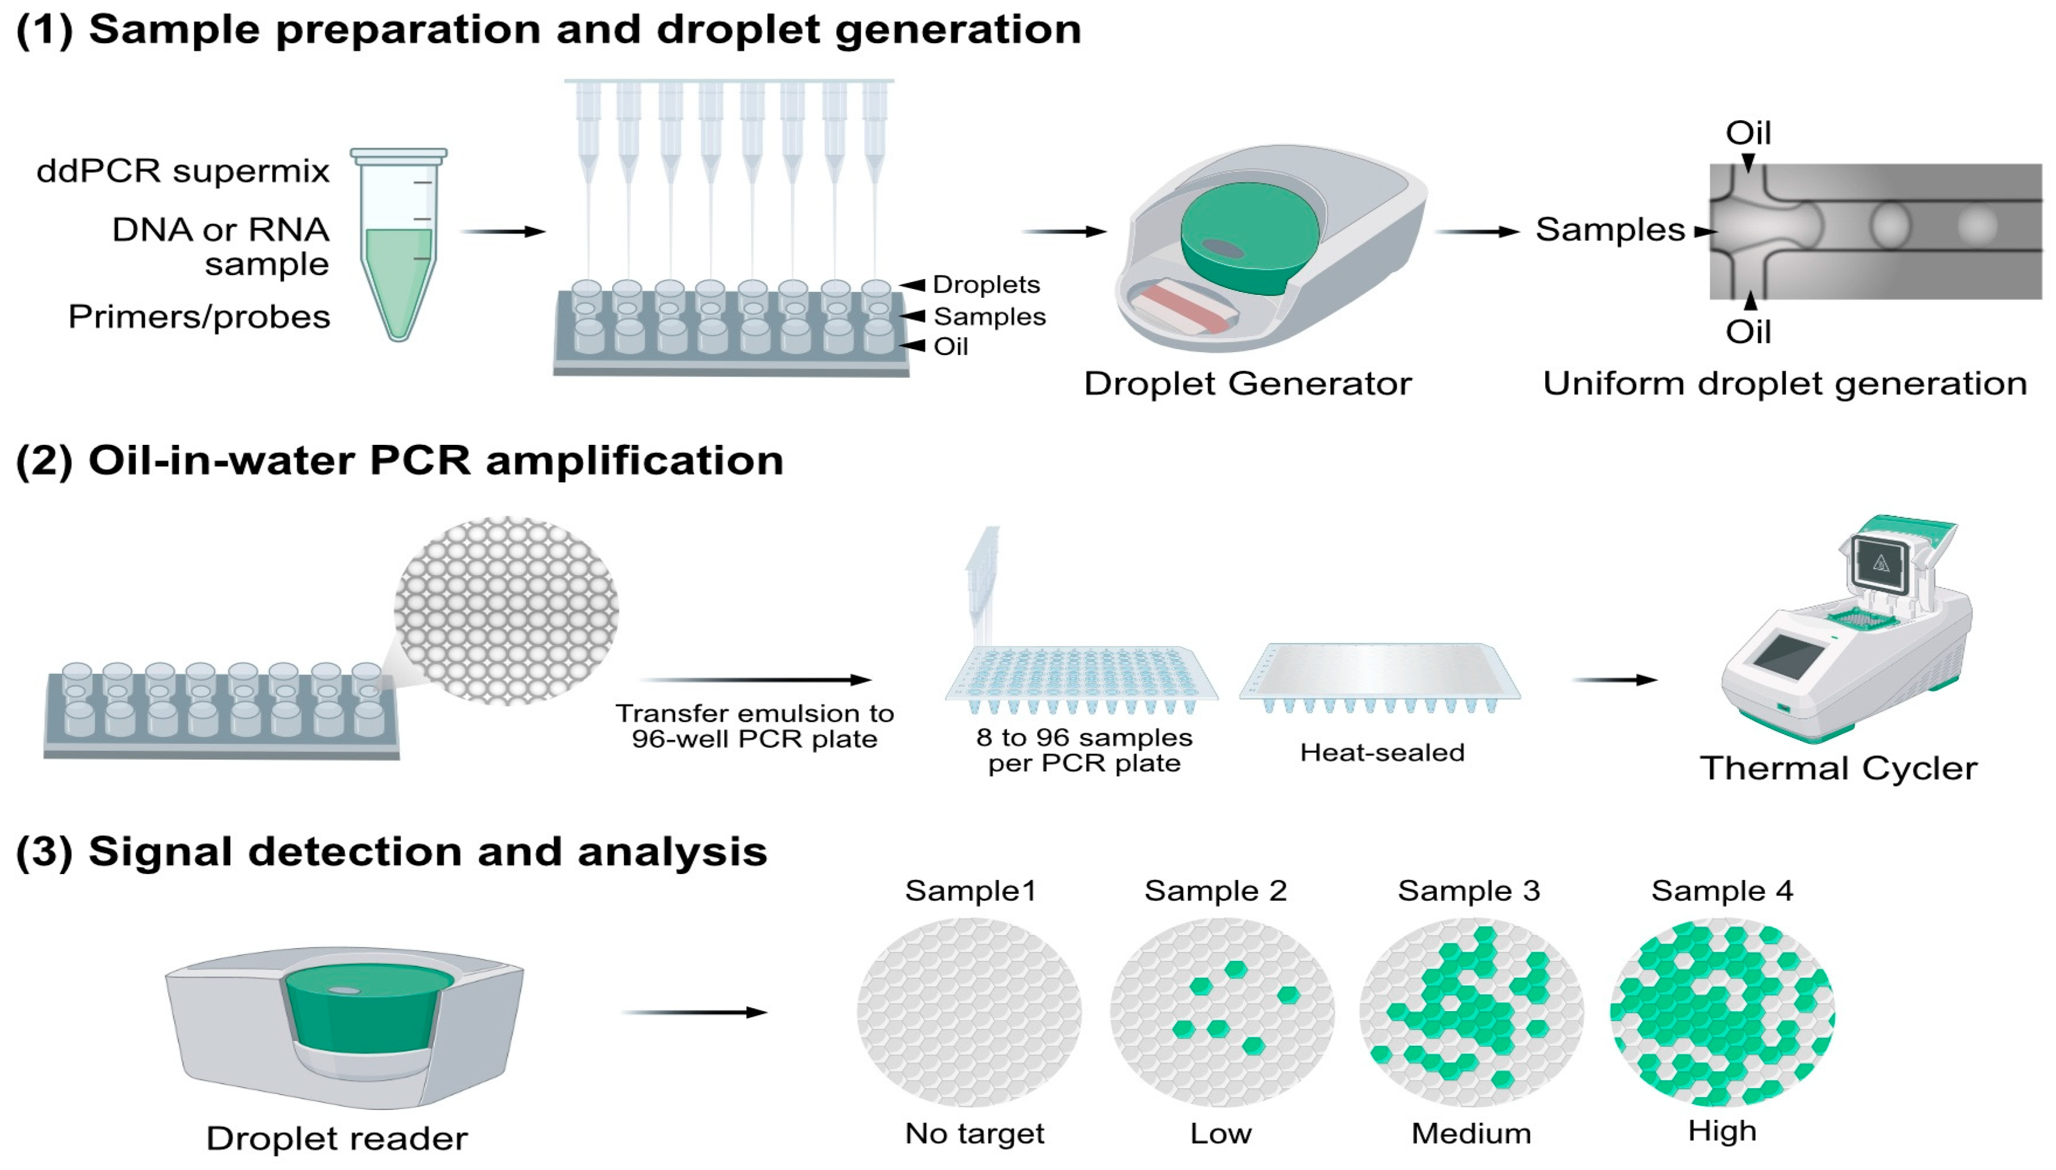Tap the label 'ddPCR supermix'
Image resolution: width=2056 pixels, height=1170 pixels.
(183, 171)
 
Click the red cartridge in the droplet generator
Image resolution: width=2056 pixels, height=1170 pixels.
(1180, 307)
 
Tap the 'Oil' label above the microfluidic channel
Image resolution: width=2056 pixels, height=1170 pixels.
(1748, 133)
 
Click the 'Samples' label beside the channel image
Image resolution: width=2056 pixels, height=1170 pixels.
(1609, 230)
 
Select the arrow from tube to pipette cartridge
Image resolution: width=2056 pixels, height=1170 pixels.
(503, 231)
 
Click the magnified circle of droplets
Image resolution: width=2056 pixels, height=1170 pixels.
(506, 611)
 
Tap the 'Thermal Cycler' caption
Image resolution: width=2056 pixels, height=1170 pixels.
(1838, 768)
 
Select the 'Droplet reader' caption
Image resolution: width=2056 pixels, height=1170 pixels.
(337, 1138)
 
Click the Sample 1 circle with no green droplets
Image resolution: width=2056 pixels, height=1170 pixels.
(969, 1012)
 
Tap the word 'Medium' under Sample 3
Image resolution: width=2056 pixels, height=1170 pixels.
(1471, 1133)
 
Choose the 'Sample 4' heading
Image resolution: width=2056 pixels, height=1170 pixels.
(1722, 890)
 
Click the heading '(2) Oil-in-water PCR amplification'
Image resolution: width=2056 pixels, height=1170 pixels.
(399, 461)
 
